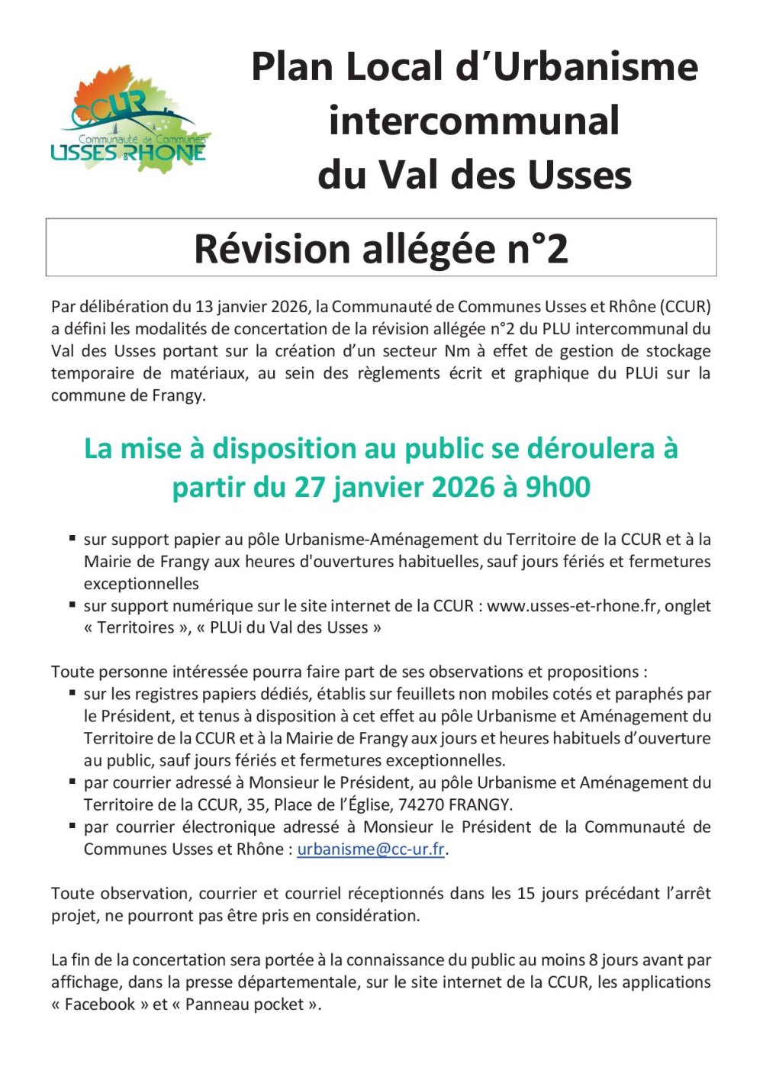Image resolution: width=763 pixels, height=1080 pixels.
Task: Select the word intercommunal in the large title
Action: click(x=474, y=121)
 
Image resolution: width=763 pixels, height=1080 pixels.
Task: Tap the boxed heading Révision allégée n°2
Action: click(x=381, y=248)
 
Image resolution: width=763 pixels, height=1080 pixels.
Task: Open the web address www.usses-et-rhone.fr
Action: click(x=573, y=606)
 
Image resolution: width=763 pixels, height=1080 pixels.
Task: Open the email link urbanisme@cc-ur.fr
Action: click(x=371, y=849)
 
